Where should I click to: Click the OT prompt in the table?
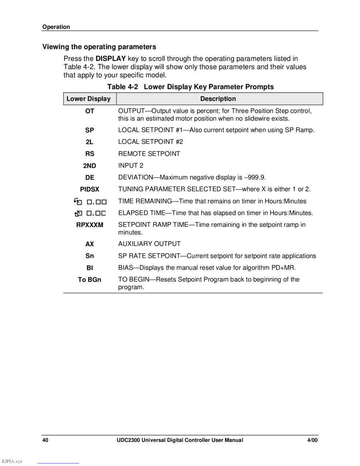(90, 111)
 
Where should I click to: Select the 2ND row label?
(90, 166)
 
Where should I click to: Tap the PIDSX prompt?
(90, 189)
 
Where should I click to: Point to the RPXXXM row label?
(90, 225)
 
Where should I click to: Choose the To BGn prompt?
(90, 280)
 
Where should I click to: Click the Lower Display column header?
(88, 99)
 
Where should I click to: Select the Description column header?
(218, 99)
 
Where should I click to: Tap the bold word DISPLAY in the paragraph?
(111, 58)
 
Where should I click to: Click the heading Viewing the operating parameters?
(99, 47)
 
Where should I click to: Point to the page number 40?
(46, 440)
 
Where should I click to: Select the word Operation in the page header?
(56, 27)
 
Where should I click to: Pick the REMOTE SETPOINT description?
(149, 154)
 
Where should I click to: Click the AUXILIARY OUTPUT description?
(149, 244)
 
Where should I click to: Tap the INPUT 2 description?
(130, 166)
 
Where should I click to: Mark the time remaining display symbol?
(90, 201)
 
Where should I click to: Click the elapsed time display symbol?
(90, 213)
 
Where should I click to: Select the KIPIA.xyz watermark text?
(12, 461)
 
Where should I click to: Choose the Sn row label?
(90, 256)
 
